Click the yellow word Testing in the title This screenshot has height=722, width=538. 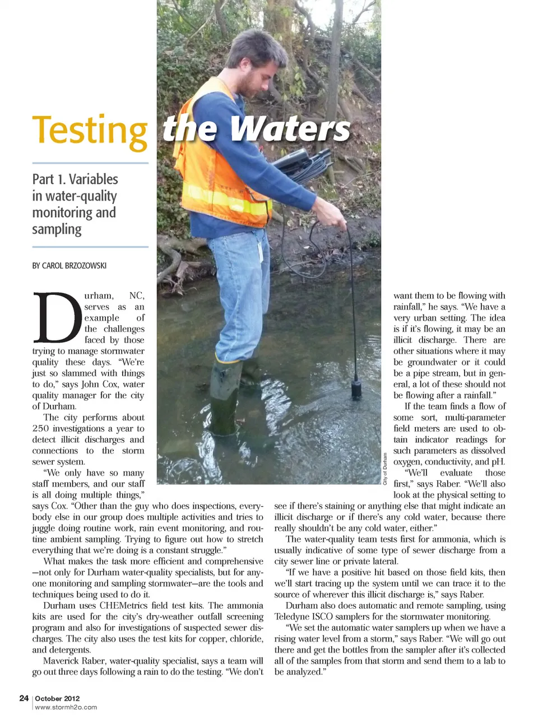click(x=90, y=131)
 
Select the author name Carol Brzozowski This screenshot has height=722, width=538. click(x=69, y=265)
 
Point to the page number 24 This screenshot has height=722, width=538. click(x=24, y=698)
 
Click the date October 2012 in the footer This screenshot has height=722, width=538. click(x=57, y=698)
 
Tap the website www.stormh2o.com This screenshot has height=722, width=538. click(x=66, y=707)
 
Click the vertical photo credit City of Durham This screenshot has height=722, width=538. click(x=386, y=468)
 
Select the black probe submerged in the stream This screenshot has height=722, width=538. click(x=356, y=388)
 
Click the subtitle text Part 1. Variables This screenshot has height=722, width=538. click(x=75, y=179)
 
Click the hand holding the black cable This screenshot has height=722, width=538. click(x=335, y=216)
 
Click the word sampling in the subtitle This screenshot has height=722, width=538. click(x=57, y=229)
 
